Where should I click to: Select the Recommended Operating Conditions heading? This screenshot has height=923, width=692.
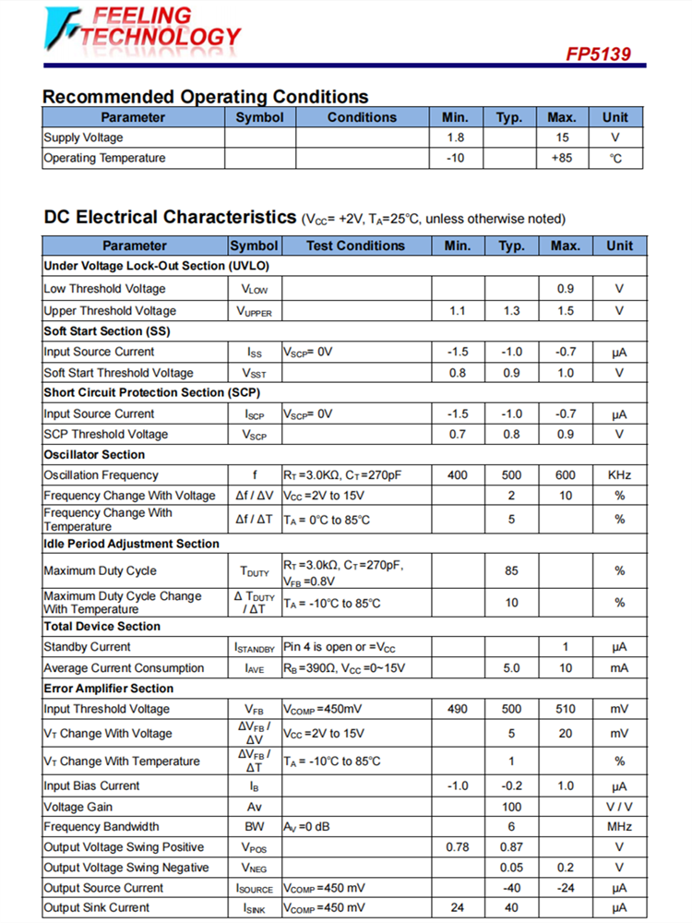(205, 97)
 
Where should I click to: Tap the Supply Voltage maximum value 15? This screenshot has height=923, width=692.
(562, 138)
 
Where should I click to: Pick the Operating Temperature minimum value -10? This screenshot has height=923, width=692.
(455, 158)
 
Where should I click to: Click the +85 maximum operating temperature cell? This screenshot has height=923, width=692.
(562, 158)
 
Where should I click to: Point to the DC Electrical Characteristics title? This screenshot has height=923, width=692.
(170, 218)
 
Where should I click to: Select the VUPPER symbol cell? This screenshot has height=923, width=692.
(255, 311)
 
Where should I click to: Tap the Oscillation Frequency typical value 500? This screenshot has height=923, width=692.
(511, 475)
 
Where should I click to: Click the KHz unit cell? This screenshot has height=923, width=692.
(619, 475)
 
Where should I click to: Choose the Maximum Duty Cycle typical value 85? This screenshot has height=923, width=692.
(511, 571)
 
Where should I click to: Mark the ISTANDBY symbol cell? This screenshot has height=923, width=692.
(255, 647)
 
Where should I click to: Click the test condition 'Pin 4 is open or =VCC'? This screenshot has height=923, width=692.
(345, 647)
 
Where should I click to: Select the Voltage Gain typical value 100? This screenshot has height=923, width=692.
(511, 807)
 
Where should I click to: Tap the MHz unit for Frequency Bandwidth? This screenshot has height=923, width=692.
(619, 827)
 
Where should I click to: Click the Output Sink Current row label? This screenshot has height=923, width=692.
(96, 908)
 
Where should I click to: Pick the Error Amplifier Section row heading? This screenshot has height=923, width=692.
(108, 689)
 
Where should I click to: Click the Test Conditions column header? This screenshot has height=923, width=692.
(355, 246)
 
